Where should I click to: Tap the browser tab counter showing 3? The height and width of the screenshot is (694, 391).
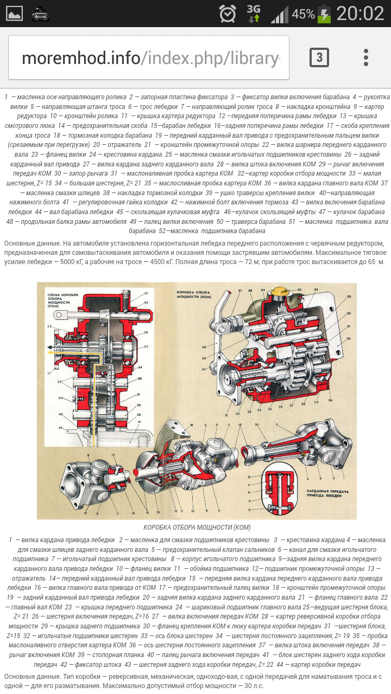[319, 57]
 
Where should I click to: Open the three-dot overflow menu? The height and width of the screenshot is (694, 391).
[366, 57]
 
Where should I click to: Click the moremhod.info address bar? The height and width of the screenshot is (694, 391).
[149, 58]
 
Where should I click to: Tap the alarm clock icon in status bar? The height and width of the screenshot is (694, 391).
[228, 14]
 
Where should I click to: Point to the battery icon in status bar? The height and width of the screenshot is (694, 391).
[324, 14]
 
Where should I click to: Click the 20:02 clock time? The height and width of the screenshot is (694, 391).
[360, 14]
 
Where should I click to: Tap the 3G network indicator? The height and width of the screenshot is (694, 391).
[254, 14]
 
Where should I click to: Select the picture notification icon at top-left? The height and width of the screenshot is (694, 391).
[15, 14]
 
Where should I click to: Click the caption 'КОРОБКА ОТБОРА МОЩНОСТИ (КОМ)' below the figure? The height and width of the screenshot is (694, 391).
[197, 527]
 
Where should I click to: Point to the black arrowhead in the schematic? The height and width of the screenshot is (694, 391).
[49, 346]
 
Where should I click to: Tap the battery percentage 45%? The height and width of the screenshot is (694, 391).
[303, 14]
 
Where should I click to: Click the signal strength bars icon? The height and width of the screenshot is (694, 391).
[279, 14]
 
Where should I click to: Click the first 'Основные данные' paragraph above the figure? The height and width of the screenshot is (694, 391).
[195, 252]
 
